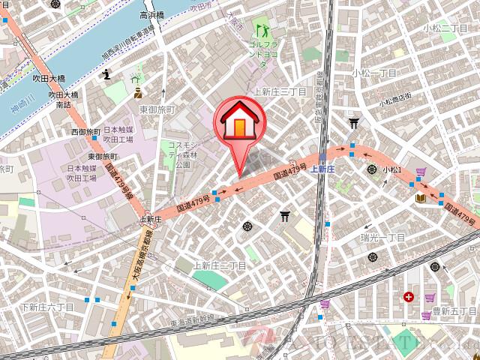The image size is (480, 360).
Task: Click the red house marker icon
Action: [x=238, y=120]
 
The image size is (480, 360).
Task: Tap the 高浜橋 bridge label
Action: [x=151, y=15]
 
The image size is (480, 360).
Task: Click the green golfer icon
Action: [x=262, y=31]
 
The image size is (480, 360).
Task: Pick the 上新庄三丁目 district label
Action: [x=280, y=91]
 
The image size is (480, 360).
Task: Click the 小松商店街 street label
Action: [x=395, y=98]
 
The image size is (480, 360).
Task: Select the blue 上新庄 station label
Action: [x=321, y=169]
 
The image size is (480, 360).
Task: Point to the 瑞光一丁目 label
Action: [x=382, y=237]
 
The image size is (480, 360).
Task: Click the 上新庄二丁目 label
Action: [x=220, y=265]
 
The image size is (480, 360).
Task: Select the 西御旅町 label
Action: [x=86, y=132]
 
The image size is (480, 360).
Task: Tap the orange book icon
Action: [x=420, y=197]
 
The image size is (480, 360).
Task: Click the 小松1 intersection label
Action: [x=393, y=170]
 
